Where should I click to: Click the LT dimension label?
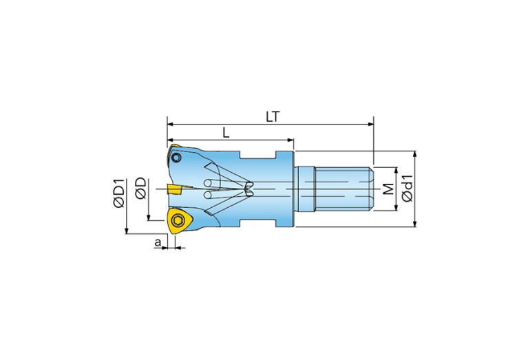point(273,117)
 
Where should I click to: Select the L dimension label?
point(226,133)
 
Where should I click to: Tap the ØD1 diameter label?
point(119,193)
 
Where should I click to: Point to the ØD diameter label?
point(140,188)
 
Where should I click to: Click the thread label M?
point(388,189)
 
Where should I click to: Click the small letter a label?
point(158,242)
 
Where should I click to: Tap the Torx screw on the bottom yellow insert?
point(177,220)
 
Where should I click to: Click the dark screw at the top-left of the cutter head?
point(176,158)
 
